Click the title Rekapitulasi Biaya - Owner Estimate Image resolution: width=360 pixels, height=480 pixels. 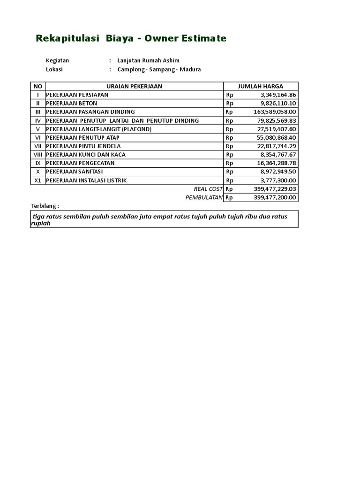(131, 38)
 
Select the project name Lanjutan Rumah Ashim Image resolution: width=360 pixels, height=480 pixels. (148, 60)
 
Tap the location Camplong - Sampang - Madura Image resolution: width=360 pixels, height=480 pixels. (159, 69)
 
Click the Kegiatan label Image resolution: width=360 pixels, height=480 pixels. (58, 60)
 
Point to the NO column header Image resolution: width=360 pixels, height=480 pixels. (38, 86)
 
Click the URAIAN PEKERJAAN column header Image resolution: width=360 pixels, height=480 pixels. (134, 86)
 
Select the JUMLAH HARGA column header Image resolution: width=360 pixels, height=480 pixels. (261, 86)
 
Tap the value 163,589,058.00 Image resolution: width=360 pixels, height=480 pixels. (275, 112)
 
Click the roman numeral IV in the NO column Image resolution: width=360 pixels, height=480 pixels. (38, 120)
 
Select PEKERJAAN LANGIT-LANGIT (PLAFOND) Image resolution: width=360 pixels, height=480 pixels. (99, 129)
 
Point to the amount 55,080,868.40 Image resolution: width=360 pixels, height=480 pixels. (276, 137)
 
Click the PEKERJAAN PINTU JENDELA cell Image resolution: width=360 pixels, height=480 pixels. (83, 146)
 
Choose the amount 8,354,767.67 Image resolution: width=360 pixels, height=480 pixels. (278, 155)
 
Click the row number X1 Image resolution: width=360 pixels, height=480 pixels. (38, 180)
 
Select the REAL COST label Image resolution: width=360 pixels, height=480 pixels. (208, 189)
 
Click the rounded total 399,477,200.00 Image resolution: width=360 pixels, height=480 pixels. (275, 197)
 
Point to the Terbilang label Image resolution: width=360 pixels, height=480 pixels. (45, 206)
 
